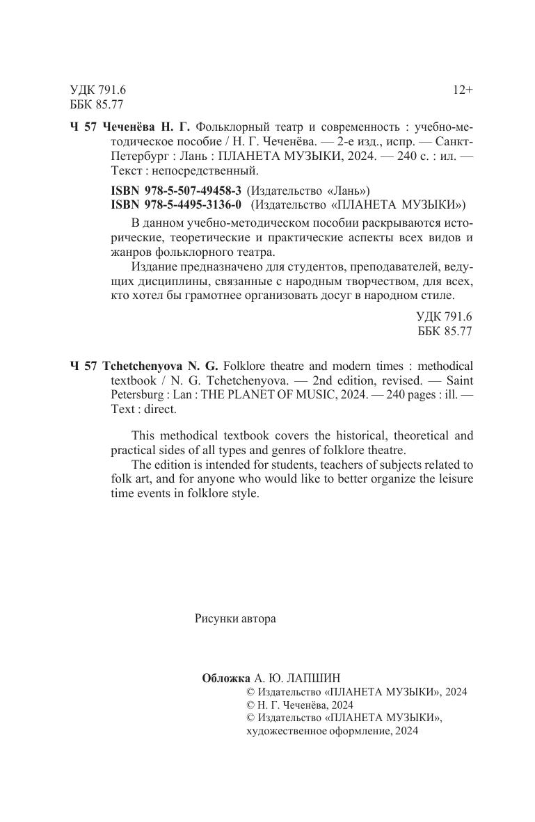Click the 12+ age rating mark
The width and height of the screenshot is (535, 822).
[463, 90]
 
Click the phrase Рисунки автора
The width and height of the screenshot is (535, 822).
[235, 618]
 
